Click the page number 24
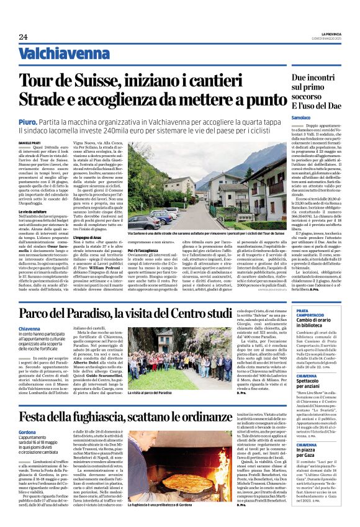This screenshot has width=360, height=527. point(23,37)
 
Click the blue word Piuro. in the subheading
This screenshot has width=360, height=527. point(27,123)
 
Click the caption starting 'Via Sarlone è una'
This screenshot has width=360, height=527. point(205,234)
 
